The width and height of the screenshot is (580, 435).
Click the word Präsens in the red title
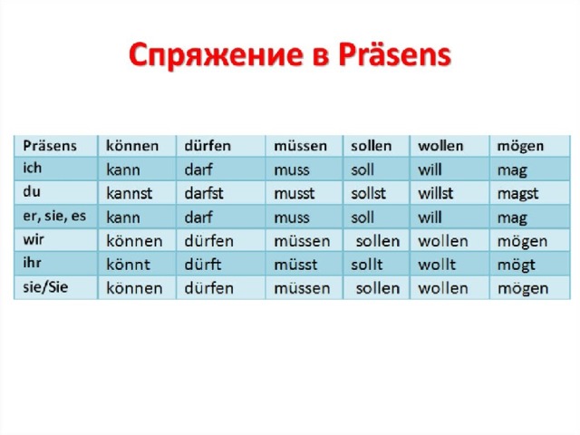click(x=395, y=54)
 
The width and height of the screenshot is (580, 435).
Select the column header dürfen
click(x=208, y=146)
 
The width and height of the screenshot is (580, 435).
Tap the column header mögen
click(x=520, y=147)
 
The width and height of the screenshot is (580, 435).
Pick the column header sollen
click(x=371, y=146)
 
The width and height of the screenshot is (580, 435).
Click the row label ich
click(x=33, y=168)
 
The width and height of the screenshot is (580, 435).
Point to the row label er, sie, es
click(x=54, y=216)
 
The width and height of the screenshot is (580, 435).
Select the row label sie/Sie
click(x=45, y=287)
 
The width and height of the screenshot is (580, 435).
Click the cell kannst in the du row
click(x=129, y=193)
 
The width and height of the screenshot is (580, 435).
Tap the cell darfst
click(x=204, y=193)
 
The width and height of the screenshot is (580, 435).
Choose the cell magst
click(x=517, y=194)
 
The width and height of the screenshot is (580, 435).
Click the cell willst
click(x=435, y=193)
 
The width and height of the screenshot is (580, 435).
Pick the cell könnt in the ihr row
click(x=129, y=265)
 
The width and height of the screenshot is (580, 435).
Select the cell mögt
click(x=517, y=266)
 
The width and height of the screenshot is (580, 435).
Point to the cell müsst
click(x=295, y=265)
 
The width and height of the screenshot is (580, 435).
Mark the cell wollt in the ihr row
click(x=437, y=265)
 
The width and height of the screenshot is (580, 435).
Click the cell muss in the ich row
click(x=292, y=170)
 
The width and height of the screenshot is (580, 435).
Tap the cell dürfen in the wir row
click(x=209, y=241)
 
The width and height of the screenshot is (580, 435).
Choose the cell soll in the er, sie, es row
click(x=362, y=217)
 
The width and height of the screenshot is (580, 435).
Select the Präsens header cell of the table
click(x=50, y=146)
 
